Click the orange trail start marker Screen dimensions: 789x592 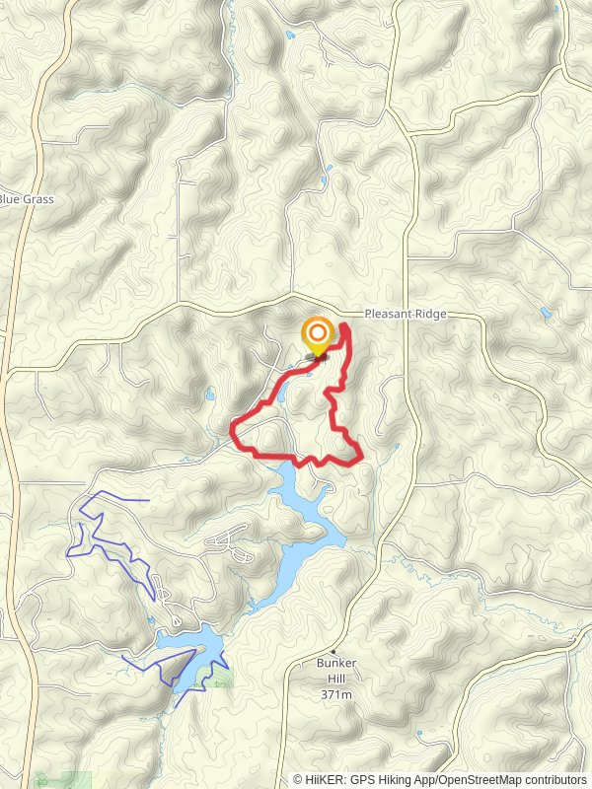pos(318,334)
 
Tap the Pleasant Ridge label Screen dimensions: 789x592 pos(406,314)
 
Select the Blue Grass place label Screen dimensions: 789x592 pos(26,199)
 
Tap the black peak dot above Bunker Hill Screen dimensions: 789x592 pos(335,652)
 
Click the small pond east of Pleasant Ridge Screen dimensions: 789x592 pos(545,314)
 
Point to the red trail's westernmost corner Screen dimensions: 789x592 pos(233,427)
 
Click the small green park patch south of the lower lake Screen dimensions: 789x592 pos(219,682)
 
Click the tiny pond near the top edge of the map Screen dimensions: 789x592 pos(288,36)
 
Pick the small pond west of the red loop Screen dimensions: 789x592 pos(210,395)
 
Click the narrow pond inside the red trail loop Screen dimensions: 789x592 pos(280,394)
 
